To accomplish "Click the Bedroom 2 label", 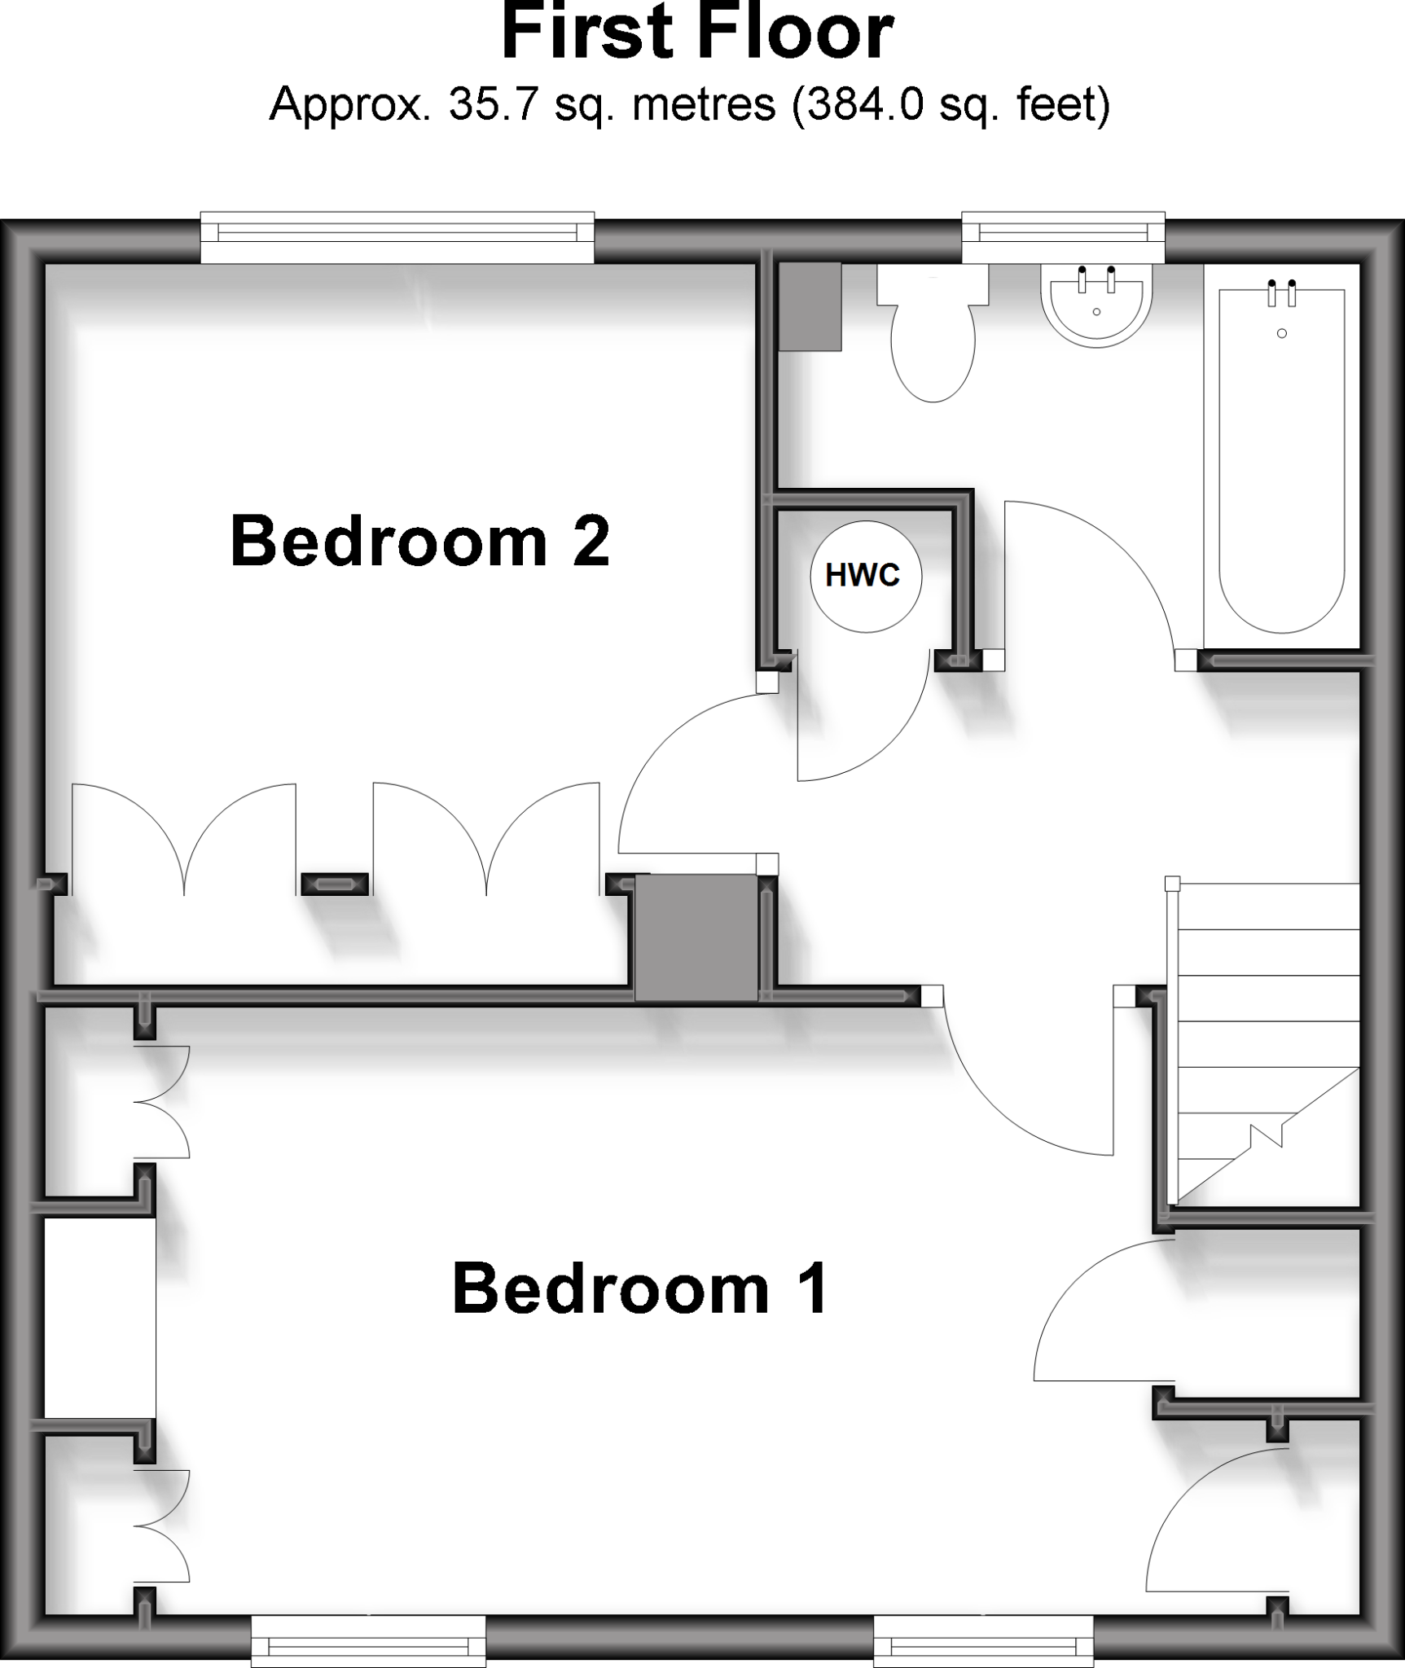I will pyautogui.click(x=419, y=541).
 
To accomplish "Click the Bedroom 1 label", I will pyautogui.click(x=640, y=1288).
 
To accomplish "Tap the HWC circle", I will pyautogui.click(x=865, y=576).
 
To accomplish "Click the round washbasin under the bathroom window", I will pyautogui.click(x=1096, y=309).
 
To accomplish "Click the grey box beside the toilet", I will pyautogui.click(x=810, y=306).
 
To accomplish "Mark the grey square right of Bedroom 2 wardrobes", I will pyautogui.click(x=696, y=937).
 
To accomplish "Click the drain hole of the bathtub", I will pyautogui.click(x=1282, y=333).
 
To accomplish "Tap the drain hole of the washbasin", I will pyautogui.click(x=1096, y=312).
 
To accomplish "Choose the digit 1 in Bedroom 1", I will pyautogui.click(x=814, y=1288).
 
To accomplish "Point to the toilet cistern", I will pyautogui.click(x=933, y=284).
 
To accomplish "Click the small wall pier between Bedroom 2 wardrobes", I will pyautogui.click(x=335, y=884).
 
